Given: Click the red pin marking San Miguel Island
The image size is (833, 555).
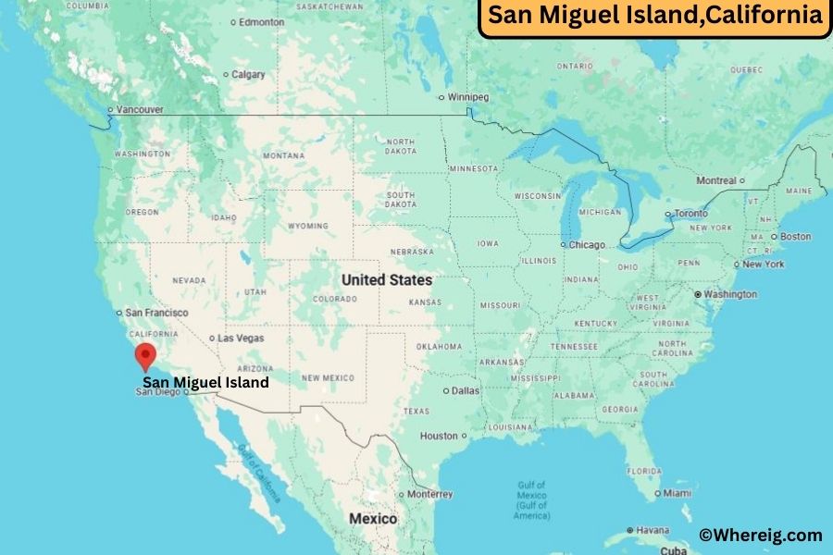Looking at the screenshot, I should pyautogui.click(x=145, y=355).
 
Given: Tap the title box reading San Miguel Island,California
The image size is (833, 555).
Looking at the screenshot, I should pyautogui.click(x=654, y=16).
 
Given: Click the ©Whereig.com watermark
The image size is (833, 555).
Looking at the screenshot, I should pyautogui.click(x=760, y=535).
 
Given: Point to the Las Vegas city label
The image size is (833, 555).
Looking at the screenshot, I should pyautogui.click(x=241, y=339).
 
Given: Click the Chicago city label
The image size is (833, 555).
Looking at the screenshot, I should pyautogui.click(x=587, y=245).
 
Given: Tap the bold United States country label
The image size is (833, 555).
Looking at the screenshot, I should pyautogui.click(x=386, y=279).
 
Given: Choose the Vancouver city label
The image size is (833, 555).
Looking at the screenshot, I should pyautogui.click(x=140, y=110).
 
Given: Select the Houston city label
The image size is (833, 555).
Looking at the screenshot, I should pyautogui.click(x=439, y=436).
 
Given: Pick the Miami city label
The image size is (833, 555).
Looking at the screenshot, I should pyautogui.click(x=678, y=493).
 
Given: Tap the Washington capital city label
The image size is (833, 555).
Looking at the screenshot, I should pyautogui.click(x=729, y=294).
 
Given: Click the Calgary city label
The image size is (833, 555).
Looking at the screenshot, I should pyautogui.click(x=247, y=74).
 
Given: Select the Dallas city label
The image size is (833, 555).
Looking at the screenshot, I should pyautogui.click(x=466, y=390).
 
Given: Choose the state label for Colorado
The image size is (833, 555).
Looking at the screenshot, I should pyautogui.click(x=334, y=299).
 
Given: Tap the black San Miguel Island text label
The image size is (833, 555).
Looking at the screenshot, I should pyautogui.click(x=205, y=382).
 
